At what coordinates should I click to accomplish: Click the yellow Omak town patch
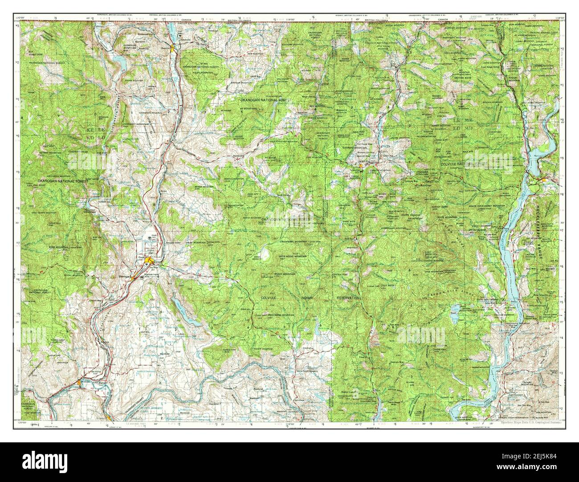pyautogui.click(x=151, y=261)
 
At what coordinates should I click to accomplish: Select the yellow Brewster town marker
pyautogui.click(x=80, y=382)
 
